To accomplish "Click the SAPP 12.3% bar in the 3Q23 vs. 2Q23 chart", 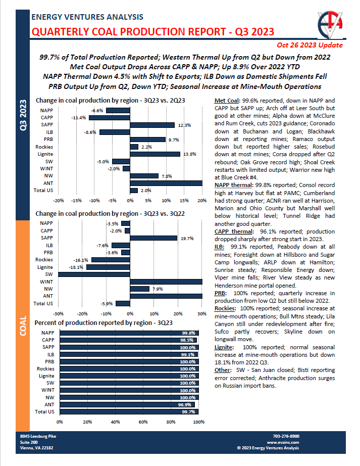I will pyautogui.click(x=152, y=125).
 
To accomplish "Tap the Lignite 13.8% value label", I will pyautogui.click(x=188, y=154).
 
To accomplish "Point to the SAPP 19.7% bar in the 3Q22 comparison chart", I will pyautogui.click(x=153, y=224).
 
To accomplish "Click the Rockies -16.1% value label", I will pyautogui.click(x=82, y=260).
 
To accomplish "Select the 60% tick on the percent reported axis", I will pyautogui.click(x=143, y=422).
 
